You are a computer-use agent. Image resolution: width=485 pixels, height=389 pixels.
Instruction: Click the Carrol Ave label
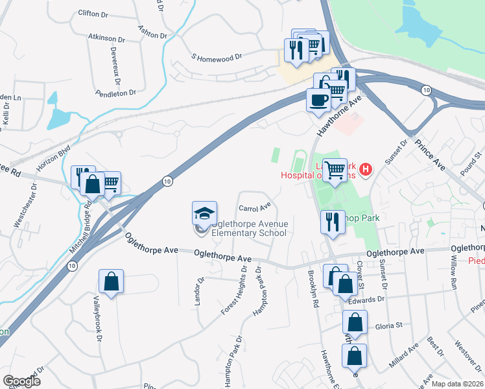[254, 208]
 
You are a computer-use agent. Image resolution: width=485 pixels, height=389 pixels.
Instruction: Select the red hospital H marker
[366, 170]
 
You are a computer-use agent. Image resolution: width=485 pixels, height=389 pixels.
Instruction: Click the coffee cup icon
[318, 100]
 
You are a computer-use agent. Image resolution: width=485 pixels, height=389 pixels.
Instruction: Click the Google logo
[21, 381]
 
